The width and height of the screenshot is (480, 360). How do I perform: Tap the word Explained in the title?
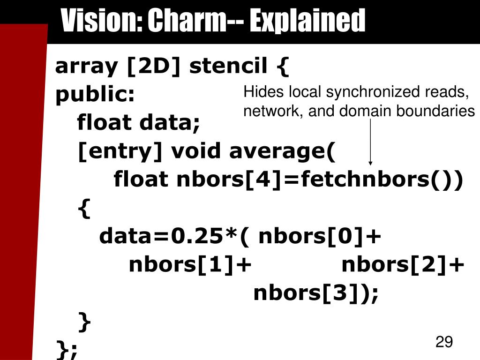[307, 22]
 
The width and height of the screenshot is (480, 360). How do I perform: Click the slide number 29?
[444, 342]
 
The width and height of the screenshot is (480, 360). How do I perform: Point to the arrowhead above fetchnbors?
[370, 162]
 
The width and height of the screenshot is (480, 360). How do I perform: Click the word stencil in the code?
[228, 66]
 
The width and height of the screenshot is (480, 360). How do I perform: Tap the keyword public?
[95, 95]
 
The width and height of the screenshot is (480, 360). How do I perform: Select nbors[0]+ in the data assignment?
[320, 237]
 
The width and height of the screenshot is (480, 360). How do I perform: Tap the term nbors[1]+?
[190, 265]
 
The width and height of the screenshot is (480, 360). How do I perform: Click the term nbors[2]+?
[403, 265]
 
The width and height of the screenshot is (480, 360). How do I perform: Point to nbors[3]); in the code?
[315, 293]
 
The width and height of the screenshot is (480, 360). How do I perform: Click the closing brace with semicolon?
[67, 349]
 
